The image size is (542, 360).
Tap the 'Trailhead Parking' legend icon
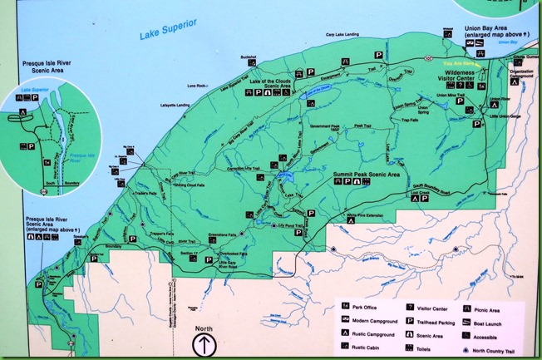point(413,320)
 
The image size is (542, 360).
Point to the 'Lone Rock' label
point(196,85)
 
